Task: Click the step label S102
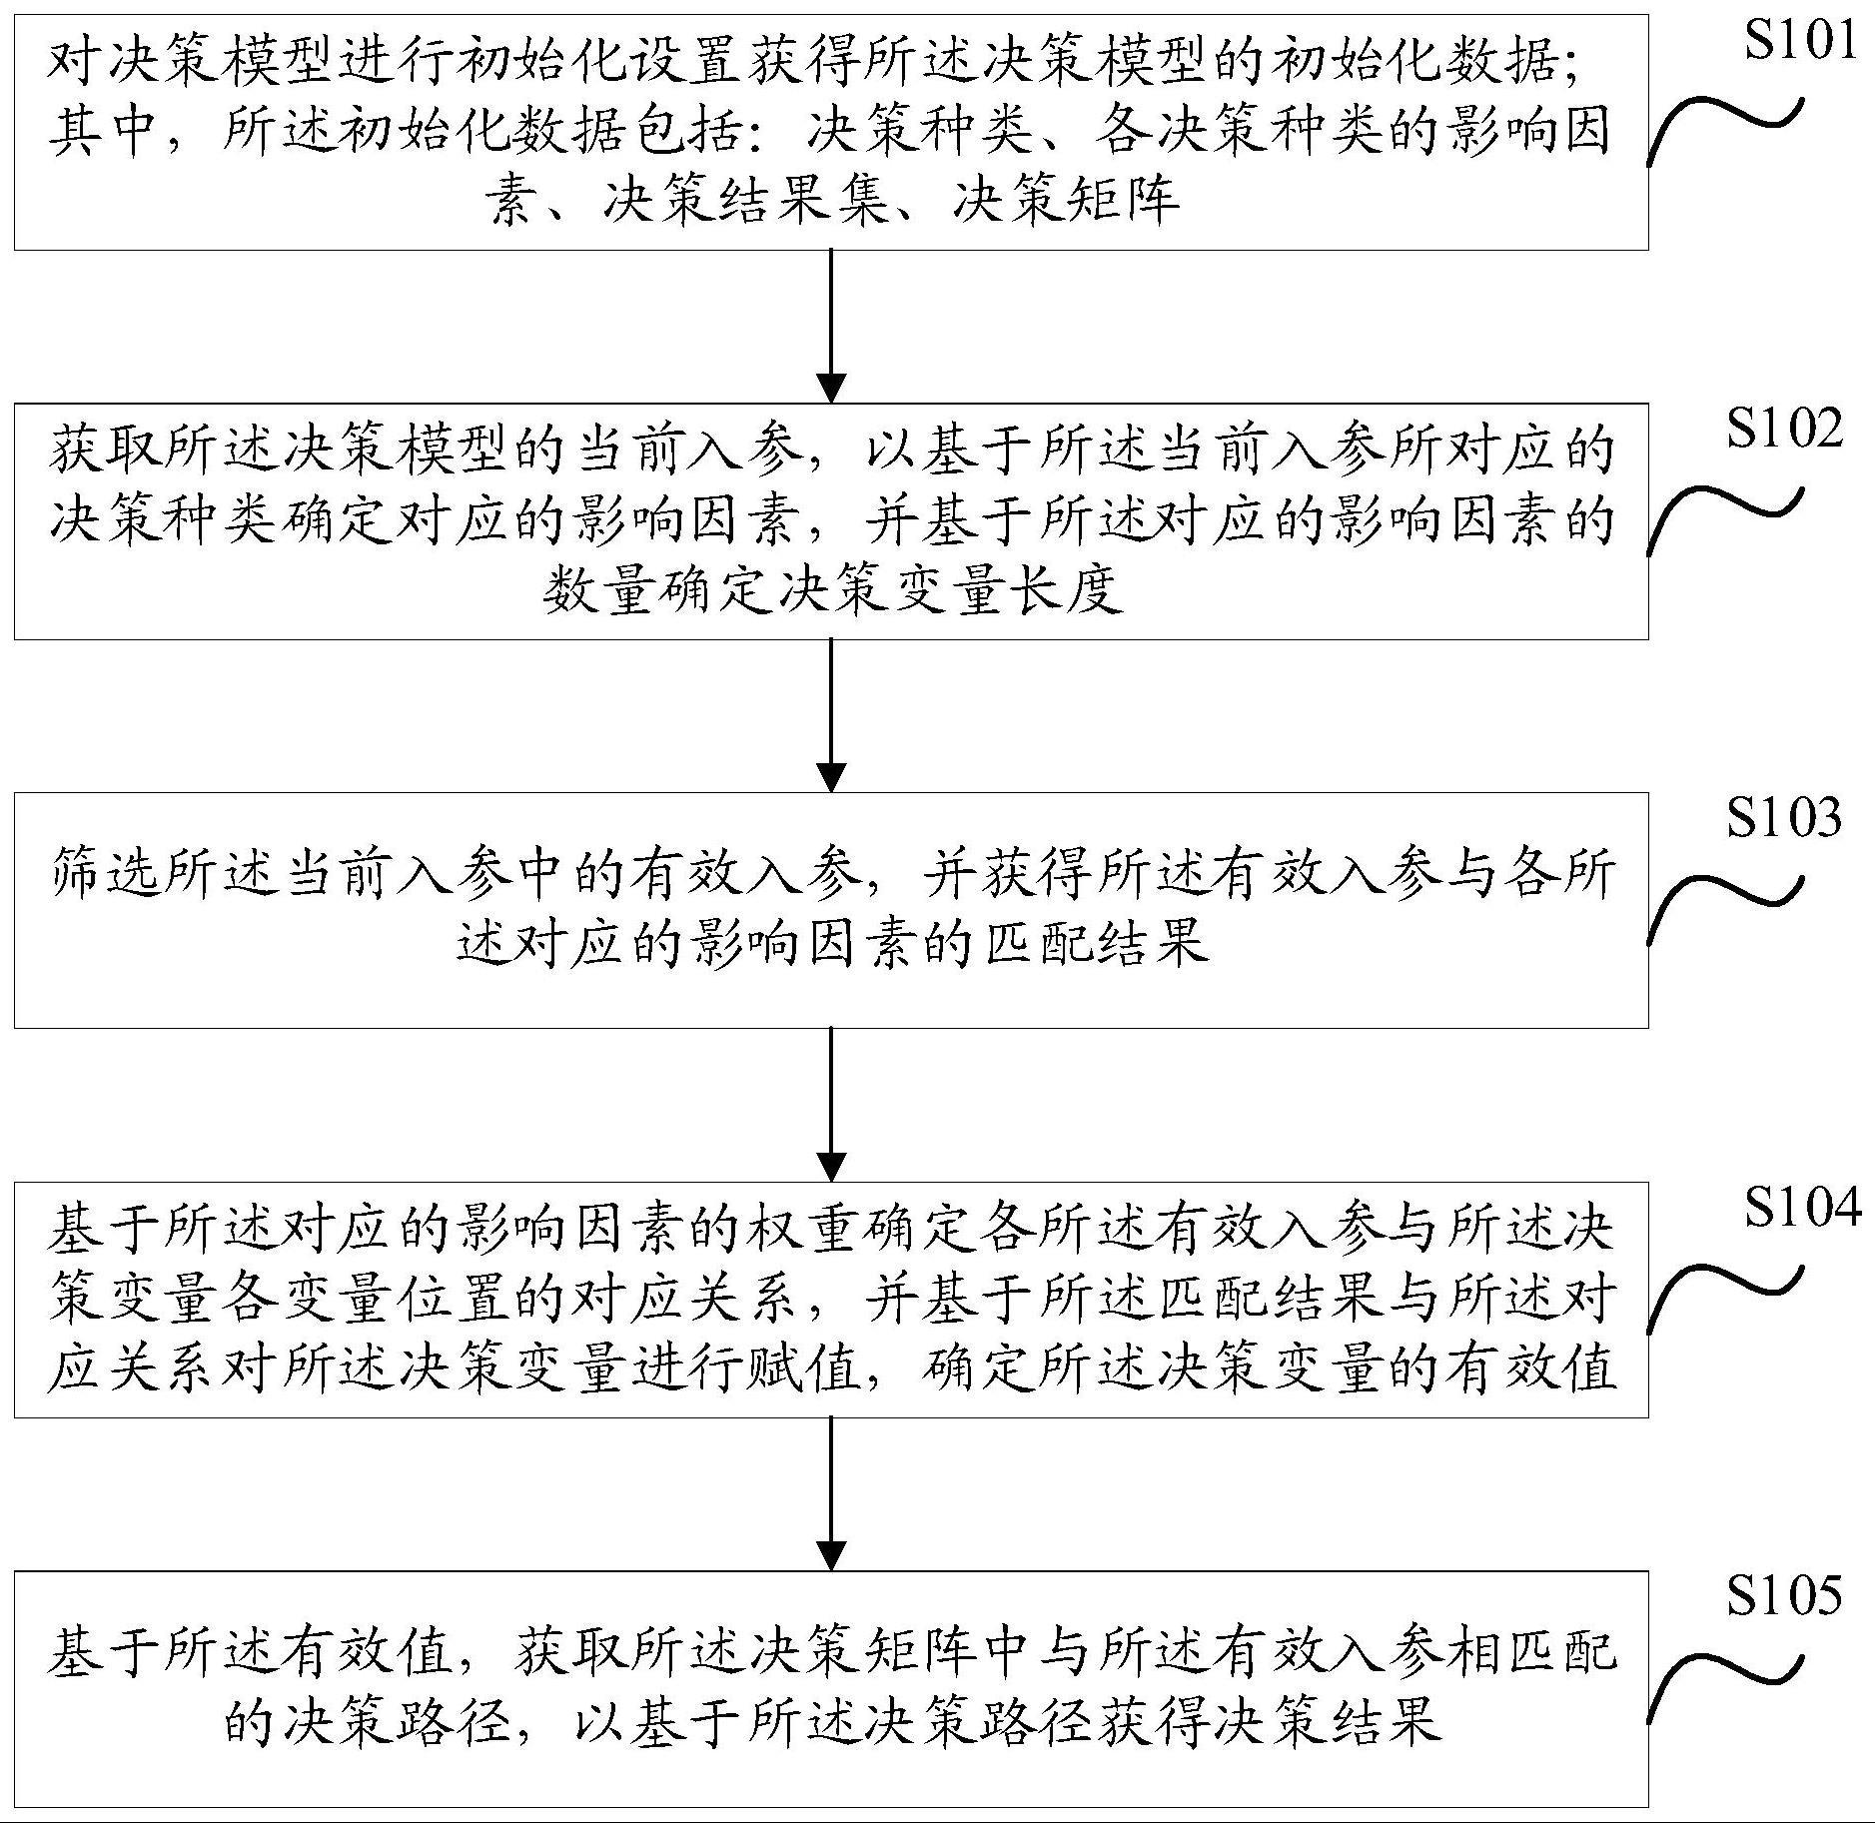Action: tap(1784, 430)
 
